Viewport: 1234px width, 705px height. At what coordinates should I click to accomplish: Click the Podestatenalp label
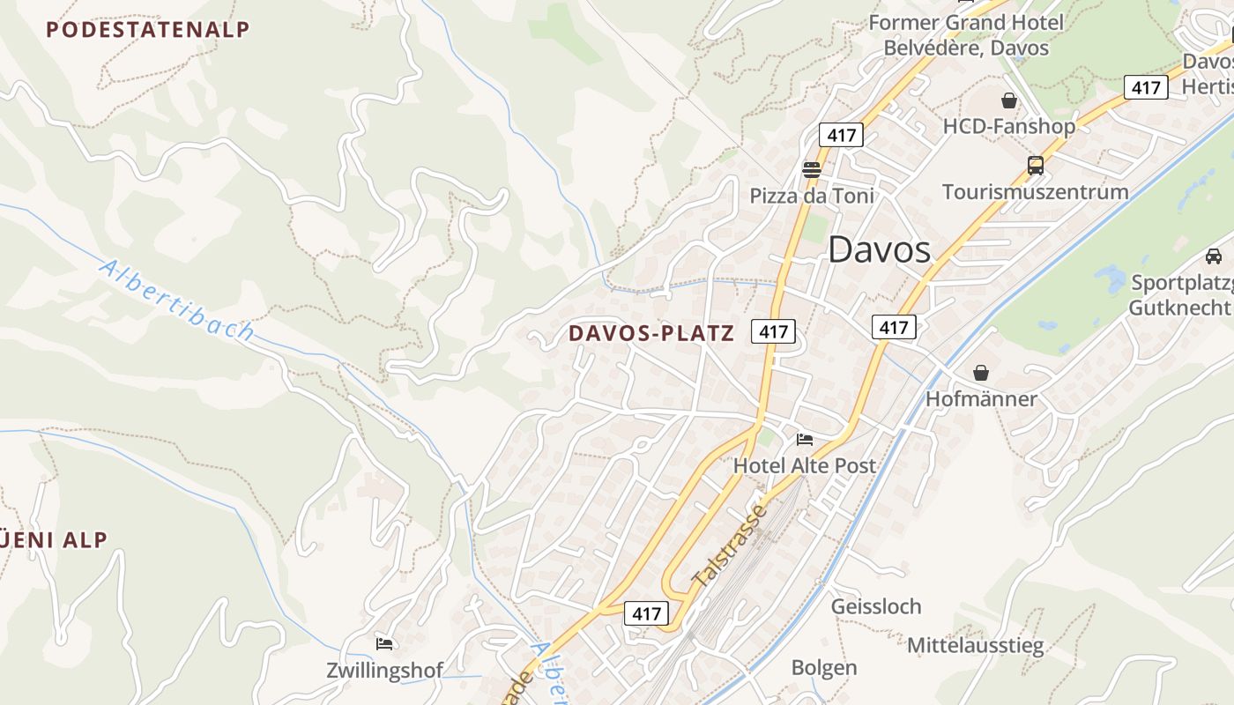tap(148, 29)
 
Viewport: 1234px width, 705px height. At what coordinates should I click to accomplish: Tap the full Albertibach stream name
tap(177, 301)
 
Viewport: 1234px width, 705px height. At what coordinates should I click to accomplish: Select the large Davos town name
tap(879, 250)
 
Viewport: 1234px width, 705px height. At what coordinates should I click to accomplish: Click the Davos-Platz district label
tap(651, 333)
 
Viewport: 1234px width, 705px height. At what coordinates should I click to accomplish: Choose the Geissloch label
tap(875, 606)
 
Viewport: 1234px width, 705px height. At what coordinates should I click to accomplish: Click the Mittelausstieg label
tap(975, 645)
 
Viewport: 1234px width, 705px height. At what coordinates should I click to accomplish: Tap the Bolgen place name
tap(823, 667)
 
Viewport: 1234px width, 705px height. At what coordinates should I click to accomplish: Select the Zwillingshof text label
tap(384, 670)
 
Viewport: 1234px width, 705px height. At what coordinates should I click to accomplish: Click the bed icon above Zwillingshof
tap(384, 643)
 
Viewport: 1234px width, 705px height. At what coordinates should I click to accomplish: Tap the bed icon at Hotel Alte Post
tap(805, 439)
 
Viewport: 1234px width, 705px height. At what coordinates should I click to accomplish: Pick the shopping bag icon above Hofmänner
tap(981, 373)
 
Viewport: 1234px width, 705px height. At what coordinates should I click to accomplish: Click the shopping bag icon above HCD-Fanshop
tap(1009, 100)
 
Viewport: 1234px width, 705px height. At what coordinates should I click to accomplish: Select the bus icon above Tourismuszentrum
tap(1035, 165)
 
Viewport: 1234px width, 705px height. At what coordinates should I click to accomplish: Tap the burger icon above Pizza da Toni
tap(812, 169)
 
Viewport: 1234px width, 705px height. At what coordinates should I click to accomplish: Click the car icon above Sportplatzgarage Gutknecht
tap(1214, 256)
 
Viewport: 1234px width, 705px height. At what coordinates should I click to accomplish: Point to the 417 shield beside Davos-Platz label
tap(773, 331)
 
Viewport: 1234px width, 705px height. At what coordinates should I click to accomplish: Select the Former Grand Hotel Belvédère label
tap(966, 34)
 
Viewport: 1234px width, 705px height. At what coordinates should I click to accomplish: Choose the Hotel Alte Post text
tap(805, 465)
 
